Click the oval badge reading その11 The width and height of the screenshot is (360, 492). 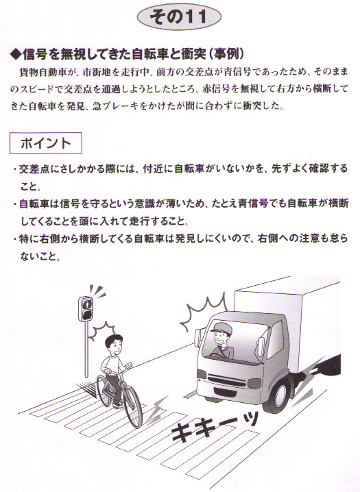(179, 16)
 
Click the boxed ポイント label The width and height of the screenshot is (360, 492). (46, 143)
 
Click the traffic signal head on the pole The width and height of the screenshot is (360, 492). (85, 309)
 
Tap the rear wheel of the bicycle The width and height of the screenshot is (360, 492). (104, 391)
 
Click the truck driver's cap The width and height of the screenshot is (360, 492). (221, 328)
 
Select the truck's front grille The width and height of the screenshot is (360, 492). (226, 380)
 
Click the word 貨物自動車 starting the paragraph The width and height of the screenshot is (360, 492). (43, 73)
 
